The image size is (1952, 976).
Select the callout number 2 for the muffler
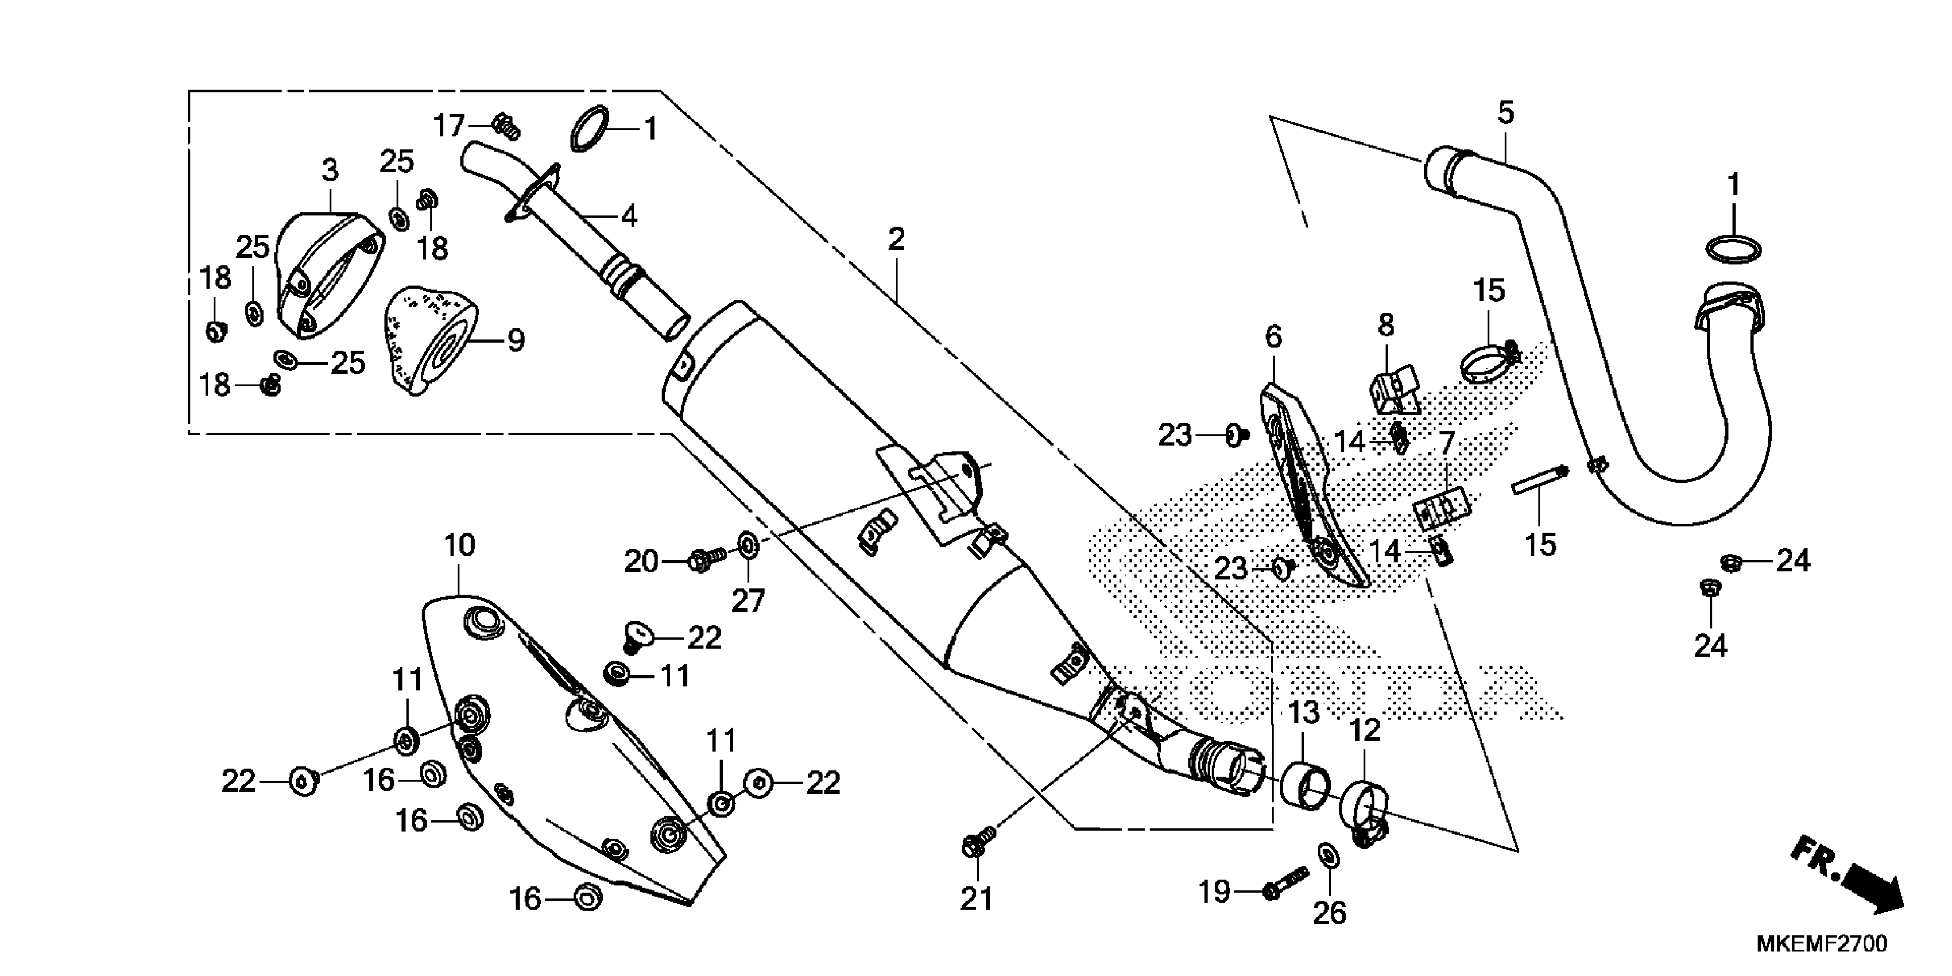(896, 240)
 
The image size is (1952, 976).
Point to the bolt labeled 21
(978, 843)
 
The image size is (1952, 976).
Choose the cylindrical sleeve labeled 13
(1305, 787)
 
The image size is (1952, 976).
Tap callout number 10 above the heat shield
(459, 545)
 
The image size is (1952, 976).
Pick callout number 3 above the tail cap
(330, 171)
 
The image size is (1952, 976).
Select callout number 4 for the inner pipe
(629, 216)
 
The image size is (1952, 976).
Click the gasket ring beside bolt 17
(590, 129)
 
